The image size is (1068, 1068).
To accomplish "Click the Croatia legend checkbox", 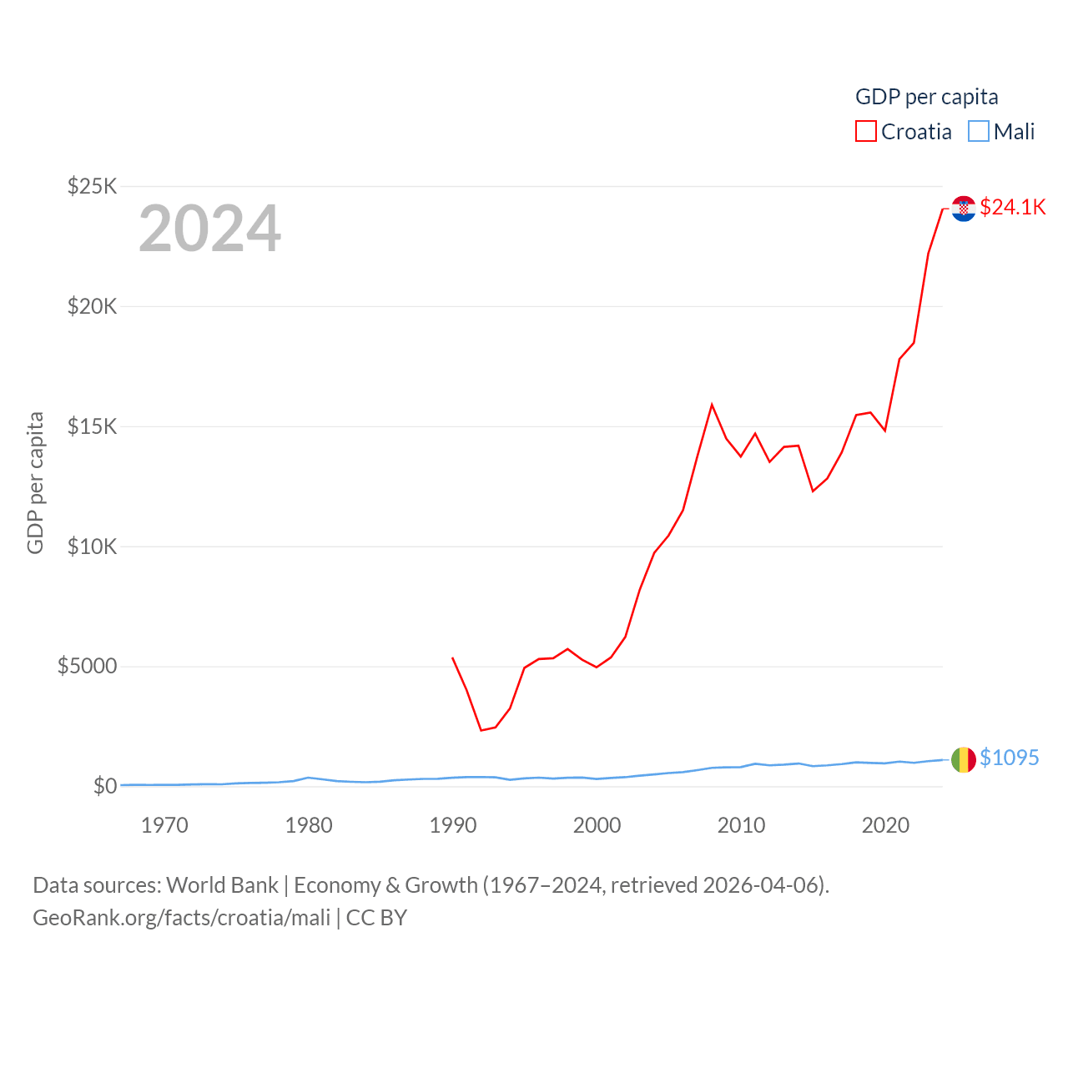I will coord(866,132).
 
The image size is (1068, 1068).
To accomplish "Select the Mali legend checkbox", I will coord(979,132).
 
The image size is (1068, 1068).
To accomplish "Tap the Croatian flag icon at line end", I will coord(964,209).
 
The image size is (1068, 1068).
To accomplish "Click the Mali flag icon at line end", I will coord(964,759).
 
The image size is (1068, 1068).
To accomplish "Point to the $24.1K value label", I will coord(1012,207).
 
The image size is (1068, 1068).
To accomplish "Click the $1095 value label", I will coord(1009,758).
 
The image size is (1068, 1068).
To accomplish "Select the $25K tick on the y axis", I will coord(92,186).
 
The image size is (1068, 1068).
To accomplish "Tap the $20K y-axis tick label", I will coord(92,306).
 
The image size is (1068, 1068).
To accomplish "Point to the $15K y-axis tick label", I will coord(92,426).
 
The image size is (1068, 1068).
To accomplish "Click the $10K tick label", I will coord(92,547).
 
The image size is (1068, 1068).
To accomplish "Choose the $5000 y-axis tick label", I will coord(87,666).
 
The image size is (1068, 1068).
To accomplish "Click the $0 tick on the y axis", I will coord(104,786).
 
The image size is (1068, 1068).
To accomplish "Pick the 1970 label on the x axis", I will coord(164,826).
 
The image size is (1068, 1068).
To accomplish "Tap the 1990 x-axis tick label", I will coord(453,826).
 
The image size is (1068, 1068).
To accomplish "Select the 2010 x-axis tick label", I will coord(741,826).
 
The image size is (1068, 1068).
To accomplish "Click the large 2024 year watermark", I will coord(209,229).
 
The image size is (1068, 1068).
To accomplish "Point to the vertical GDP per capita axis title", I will coord(35,482).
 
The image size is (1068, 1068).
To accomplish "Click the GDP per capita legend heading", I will coord(926,97).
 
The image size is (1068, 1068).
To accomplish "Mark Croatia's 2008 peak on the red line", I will coord(712,405).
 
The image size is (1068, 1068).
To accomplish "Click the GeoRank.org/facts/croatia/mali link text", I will coord(182,918).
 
